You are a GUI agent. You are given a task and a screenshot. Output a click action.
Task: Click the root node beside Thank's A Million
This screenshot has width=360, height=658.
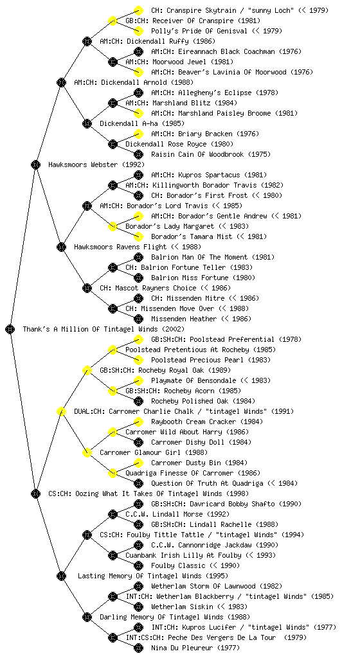coord(10,329)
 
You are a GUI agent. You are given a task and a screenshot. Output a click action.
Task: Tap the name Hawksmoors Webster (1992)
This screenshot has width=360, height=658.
coord(96,164)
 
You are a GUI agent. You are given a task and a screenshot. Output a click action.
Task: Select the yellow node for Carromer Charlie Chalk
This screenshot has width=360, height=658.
coord(61,411)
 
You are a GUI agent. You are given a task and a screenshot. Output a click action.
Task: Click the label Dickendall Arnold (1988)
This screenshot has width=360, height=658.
coord(134,82)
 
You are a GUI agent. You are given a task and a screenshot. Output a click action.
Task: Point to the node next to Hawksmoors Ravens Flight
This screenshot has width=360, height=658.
coord(61,247)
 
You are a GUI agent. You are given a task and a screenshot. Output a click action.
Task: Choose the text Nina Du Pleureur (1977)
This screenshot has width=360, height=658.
coord(195,648)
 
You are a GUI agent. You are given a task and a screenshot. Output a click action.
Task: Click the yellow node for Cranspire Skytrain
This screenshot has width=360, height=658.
coord(138,10)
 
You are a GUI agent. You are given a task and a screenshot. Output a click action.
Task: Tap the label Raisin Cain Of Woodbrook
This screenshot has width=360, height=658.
coord(197,154)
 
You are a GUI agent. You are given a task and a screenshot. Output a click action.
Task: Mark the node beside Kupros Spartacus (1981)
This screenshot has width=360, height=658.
coord(138,175)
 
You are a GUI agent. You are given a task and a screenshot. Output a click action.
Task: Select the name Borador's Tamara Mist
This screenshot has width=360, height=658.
coord(192,236)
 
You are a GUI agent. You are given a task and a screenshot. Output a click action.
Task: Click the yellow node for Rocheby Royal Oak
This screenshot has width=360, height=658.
coord(87,370)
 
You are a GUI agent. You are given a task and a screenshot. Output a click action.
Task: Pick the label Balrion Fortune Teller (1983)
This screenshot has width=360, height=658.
coord(188,267)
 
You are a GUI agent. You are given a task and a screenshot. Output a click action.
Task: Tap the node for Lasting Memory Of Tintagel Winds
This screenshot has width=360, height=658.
coord(61,576)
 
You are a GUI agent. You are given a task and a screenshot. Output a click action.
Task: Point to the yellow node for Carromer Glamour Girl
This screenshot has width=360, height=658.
coord(87,452)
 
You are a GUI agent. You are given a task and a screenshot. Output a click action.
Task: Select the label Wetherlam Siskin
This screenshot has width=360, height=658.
coord(182,607)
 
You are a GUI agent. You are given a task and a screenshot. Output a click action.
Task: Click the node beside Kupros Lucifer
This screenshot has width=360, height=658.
coord(138,627)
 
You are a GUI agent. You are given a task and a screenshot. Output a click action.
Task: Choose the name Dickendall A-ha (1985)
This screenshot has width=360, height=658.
coord(142,123)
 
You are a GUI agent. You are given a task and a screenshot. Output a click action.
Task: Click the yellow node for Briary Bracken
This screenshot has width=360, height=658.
coord(138,134)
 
